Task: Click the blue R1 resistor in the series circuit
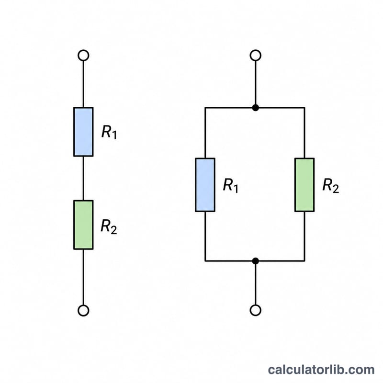click(x=83, y=132)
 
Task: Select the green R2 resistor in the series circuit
click(x=83, y=225)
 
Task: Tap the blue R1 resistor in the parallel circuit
click(x=205, y=185)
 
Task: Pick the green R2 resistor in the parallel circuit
click(x=304, y=185)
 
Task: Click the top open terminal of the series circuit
click(x=83, y=56)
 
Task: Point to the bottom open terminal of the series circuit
click(x=83, y=310)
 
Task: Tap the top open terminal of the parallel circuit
click(x=256, y=56)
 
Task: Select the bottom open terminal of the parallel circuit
click(x=256, y=310)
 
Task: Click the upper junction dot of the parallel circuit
click(x=256, y=108)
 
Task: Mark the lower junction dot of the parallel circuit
click(x=256, y=261)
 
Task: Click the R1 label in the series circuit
click(x=109, y=132)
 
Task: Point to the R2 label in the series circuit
click(x=109, y=227)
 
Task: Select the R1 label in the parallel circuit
click(x=231, y=186)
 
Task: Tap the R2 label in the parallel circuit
click(x=331, y=186)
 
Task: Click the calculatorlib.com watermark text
click(x=321, y=370)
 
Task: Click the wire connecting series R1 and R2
click(x=83, y=178)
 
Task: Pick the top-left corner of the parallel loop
click(x=205, y=108)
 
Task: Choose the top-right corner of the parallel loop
click(x=304, y=108)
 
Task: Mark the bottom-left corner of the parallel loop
click(x=205, y=261)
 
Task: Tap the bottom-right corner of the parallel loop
click(x=304, y=261)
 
